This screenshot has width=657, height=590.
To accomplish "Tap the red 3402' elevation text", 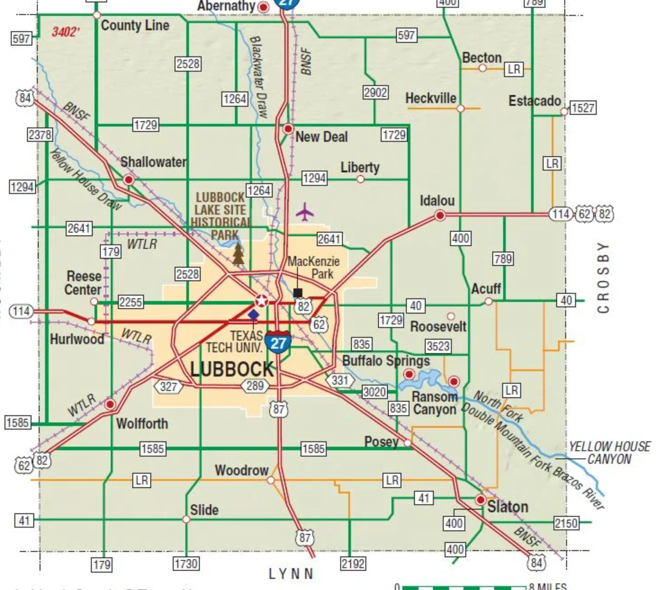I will coord(65,32).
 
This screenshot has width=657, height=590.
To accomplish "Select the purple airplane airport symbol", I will coord(305,212).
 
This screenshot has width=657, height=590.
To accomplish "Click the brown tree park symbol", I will coord(238,254).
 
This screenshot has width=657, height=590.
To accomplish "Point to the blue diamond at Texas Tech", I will coord(254,314).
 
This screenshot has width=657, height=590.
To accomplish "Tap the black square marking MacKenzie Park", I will coord(298,293).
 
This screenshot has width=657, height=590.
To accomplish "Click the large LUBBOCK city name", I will coord(232,369).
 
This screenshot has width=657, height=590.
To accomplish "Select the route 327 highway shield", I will coord(169,387).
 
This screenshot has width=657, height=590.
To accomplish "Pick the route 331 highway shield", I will coord(338,380).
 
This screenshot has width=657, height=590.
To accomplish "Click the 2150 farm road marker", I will coord(566,523).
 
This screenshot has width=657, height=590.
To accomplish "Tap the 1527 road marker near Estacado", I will coord(583,108).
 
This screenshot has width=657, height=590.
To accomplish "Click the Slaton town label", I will coord(508,507).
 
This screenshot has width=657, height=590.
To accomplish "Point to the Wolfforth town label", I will coord(142,423).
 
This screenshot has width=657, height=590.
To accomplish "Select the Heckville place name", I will coord(431,98).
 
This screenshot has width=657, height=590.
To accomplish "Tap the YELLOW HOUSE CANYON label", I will coord(609,453).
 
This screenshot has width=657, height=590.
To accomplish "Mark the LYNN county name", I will coord(291,574).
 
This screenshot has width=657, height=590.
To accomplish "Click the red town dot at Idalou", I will coord(440,215).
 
